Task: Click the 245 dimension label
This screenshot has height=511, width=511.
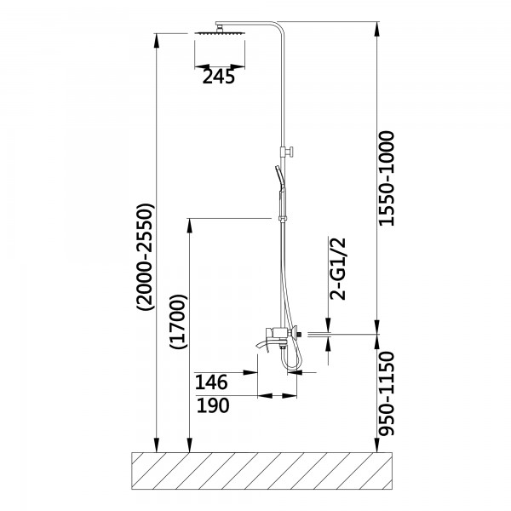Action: pos(218,77)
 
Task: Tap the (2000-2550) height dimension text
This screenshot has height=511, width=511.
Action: pos(145,257)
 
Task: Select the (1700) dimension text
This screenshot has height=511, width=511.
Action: pos(178,322)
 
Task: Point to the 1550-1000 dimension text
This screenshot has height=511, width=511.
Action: pos(387,178)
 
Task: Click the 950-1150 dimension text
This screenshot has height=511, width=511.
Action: pos(387,393)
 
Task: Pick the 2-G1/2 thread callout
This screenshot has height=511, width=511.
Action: pos(337,269)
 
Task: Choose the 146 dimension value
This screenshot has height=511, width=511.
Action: pos(211,382)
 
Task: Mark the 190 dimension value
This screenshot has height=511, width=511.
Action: pos(213,405)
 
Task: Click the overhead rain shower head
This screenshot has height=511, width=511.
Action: pos(220,33)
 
